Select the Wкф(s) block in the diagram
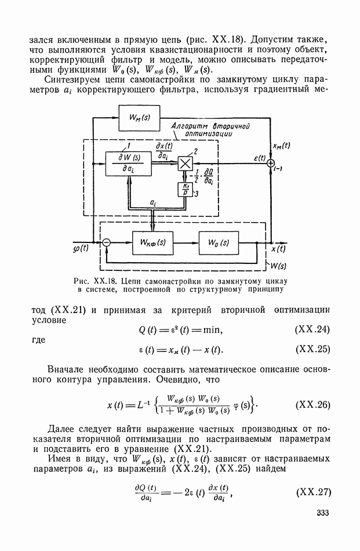point(152,243)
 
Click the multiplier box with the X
point(186,164)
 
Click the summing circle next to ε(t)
point(270,164)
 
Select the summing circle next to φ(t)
point(106,243)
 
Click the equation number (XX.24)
point(313,329)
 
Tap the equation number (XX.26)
point(313,404)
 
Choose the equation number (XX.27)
point(313,494)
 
